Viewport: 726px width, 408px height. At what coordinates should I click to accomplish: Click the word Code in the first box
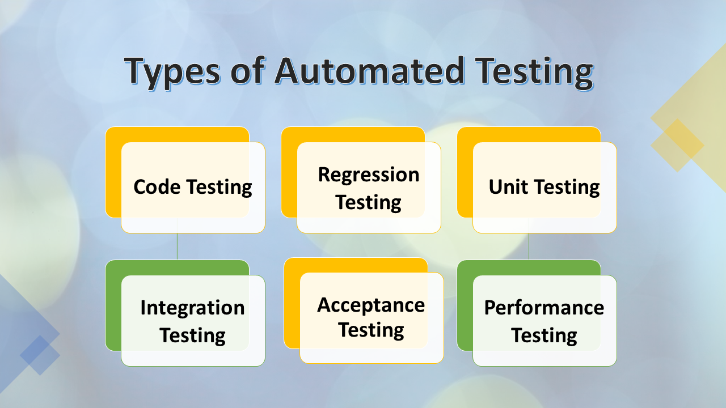157,187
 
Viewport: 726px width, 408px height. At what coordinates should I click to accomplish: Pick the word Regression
369,175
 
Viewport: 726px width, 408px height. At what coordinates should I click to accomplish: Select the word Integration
192,308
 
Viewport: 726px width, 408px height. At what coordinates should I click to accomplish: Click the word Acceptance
371,305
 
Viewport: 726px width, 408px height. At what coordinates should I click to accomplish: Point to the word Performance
544,308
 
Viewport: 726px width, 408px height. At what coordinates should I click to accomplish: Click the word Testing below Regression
369,202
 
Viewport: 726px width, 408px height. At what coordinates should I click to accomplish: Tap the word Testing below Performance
544,335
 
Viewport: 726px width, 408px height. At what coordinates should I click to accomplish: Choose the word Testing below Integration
192,335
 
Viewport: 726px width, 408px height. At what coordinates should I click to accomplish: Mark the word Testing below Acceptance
371,330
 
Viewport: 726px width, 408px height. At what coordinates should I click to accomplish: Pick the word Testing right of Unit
567,188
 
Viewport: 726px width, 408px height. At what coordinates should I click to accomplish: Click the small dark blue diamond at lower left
40,355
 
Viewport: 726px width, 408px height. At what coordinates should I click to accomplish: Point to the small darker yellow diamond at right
677,145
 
